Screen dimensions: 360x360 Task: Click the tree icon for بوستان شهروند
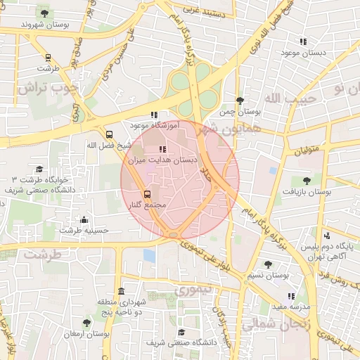(x=46, y=12)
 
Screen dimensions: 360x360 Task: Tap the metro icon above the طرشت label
(x=47, y=58)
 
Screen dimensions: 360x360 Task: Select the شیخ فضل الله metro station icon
(x=109, y=134)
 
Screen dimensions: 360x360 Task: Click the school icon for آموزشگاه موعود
(x=154, y=115)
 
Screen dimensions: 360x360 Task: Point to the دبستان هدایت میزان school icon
(x=162, y=149)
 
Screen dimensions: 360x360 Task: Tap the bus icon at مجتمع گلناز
(x=147, y=193)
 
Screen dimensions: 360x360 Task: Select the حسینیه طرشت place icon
(x=84, y=219)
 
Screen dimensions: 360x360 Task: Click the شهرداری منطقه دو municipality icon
(x=122, y=291)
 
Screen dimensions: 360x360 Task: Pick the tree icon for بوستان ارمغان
(x=86, y=323)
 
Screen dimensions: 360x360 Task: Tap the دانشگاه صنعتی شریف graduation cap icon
(x=181, y=332)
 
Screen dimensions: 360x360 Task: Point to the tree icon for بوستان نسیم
(x=267, y=264)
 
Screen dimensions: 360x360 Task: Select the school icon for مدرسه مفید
(x=292, y=296)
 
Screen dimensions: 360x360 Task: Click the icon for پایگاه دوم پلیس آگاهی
(x=326, y=236)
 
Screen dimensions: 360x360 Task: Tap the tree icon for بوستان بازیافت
(x=305, y=180)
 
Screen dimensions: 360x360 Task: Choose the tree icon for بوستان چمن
(x=240, y=101)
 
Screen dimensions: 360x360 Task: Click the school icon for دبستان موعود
(x=303, y=42)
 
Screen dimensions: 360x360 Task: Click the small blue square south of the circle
(x=149, y=255)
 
